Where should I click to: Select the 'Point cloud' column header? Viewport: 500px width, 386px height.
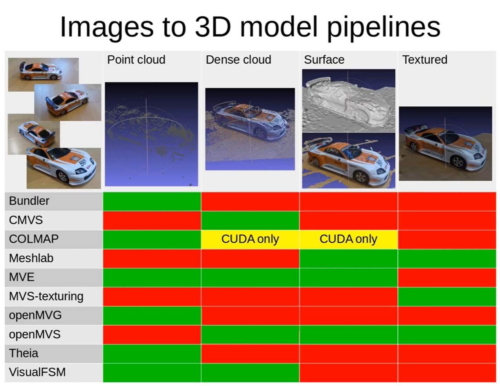pyautogui.click(x=136, y=60)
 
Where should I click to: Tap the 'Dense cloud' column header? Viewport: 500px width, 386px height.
pyautogui.click(x=238, y=60)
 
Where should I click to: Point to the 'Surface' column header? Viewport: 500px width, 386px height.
pyautogui.click(x=324, y=60)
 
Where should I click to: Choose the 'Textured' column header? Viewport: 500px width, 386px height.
pyautogui.click(x=425, y=60)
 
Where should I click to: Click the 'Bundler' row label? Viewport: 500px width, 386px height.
pyautogui.click(x=29, y=201)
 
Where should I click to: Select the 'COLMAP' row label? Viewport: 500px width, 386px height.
pyautogui.click(x=34, y=239)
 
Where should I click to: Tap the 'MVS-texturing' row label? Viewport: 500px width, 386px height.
pyautogui.click(x=46, y=296)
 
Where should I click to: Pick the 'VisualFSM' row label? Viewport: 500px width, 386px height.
pyautogui.click(x=37, y=372)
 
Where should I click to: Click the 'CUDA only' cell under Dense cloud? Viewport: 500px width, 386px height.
pyautogui.click(x=250, y=239)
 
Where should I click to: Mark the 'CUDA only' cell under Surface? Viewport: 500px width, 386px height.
pyautogui.click(x=348, y=239)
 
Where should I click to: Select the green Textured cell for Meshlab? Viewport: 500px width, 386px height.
pyautogui.click(x=447, y=258)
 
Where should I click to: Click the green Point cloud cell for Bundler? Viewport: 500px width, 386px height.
pyautogui.click(x=152, y=201)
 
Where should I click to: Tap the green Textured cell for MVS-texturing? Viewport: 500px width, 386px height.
pyautogui.click(x=447, y=296)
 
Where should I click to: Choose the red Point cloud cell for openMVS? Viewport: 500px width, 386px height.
pyautogui.click(x=152, y=335)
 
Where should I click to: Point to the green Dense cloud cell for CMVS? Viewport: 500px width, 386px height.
pyautogui.click(x=250, y=220)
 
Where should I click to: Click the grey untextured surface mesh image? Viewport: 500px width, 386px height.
pyautogui.click(x=349, y=101)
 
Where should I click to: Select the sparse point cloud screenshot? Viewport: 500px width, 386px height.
pyautogui.click(x=151, y=134)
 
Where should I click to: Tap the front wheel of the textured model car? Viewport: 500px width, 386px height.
pyautogui.click(x=458, y=162)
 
